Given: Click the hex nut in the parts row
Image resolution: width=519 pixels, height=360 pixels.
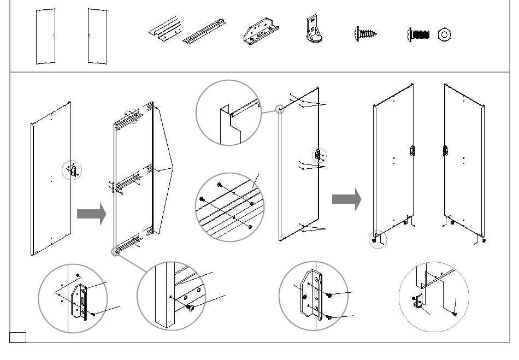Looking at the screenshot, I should click(x=445, y=35).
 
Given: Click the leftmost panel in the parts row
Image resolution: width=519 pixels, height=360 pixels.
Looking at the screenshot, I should click(x=45, y=36).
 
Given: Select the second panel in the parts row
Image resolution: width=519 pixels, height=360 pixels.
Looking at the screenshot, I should click(x=97, y=36).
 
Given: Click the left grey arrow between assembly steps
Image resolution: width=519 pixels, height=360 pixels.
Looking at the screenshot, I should click(x=91, y=214).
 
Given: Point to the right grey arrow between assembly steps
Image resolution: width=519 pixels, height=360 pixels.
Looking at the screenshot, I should click(x=346, y=199).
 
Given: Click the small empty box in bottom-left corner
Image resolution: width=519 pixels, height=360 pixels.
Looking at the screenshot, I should click(x=17, y=337).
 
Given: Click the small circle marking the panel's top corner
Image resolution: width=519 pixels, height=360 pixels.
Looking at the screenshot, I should click(x=280, y=110).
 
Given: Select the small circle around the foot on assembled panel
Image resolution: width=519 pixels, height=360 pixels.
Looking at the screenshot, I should click(x=378, y=239).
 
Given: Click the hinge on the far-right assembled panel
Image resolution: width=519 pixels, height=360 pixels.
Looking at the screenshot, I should click(x=446, y=150).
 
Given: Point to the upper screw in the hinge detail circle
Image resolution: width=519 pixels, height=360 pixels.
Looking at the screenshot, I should click(x=329, y=296).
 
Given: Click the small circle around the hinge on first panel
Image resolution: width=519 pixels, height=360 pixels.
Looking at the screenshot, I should click(x=72, y=170).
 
